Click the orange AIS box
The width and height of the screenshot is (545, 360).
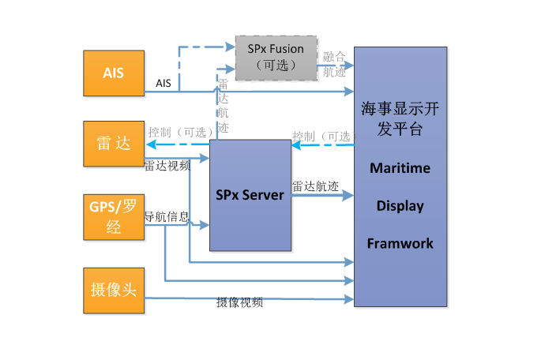coord(113,73)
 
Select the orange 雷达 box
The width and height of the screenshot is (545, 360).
coord(113,144)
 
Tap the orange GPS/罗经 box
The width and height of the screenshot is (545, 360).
coord(113,216)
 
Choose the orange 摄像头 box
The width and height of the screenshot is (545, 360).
coord(113,290)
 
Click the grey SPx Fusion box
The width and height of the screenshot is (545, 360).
coord(276,57)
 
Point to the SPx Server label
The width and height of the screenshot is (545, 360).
coord(250,194)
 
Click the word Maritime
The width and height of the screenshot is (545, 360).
coord(400,168)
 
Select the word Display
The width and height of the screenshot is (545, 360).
coord(400,206)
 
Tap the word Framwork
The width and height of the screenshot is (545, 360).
coord(400,243)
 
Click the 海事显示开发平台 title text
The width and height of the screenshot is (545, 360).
coord(400,118)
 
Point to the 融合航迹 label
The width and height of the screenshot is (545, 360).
coord(334,64)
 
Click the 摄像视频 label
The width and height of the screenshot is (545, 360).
coord(240,302)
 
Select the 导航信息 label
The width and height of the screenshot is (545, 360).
coord(167,215)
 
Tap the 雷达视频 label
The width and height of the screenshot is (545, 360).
coord(167,166)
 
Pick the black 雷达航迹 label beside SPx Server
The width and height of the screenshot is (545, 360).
coord(315,187)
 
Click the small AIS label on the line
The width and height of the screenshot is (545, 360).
coord(163,83)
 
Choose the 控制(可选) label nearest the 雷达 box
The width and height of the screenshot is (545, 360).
coord(178,133)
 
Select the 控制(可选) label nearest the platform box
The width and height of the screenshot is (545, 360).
coord(321,136)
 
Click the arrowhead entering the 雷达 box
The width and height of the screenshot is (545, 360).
coord(148,144)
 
